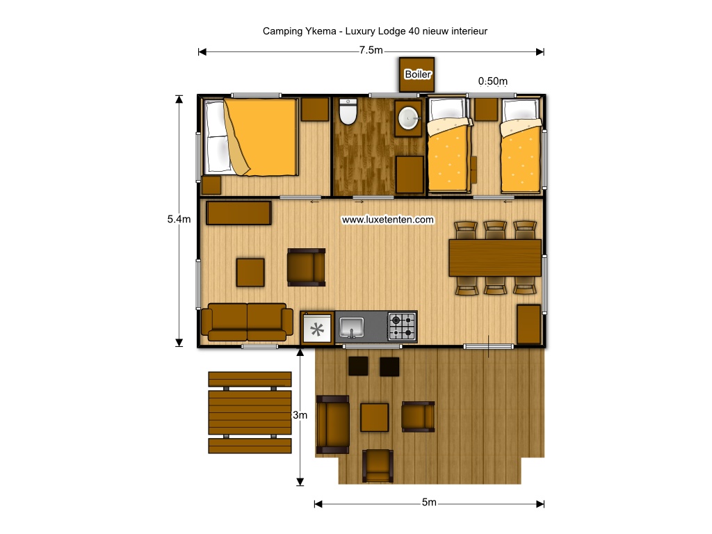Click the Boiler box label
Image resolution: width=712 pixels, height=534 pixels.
click(417, 74)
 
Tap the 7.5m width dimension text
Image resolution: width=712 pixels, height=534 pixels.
click(371, 50)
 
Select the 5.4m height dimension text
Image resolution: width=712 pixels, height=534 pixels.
click(179, 219)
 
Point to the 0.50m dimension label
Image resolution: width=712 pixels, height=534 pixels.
click(493, 81)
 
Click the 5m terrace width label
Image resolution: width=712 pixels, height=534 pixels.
click(429, 502)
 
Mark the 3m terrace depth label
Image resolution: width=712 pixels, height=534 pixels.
click(300, 415)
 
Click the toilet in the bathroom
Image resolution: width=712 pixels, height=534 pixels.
click(348, 111)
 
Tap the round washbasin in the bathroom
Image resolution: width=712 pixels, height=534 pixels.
click(408, 118)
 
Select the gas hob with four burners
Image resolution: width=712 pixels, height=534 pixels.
click(403, 327)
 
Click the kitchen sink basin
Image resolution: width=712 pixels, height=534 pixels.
click(351, 327)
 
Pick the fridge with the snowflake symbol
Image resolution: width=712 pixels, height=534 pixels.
click(317, 328)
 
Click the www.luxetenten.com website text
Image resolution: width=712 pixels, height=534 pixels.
click(388, 220)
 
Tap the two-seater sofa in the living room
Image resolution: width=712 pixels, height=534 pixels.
click(247, 322)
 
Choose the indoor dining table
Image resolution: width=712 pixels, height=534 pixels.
click(495, 258)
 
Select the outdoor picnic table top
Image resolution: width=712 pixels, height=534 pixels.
click(250, 412)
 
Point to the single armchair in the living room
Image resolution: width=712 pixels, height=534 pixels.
click(307, 267)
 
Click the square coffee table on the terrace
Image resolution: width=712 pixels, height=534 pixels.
click(375, 417)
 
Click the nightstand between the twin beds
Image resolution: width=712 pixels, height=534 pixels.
click(486, 109)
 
